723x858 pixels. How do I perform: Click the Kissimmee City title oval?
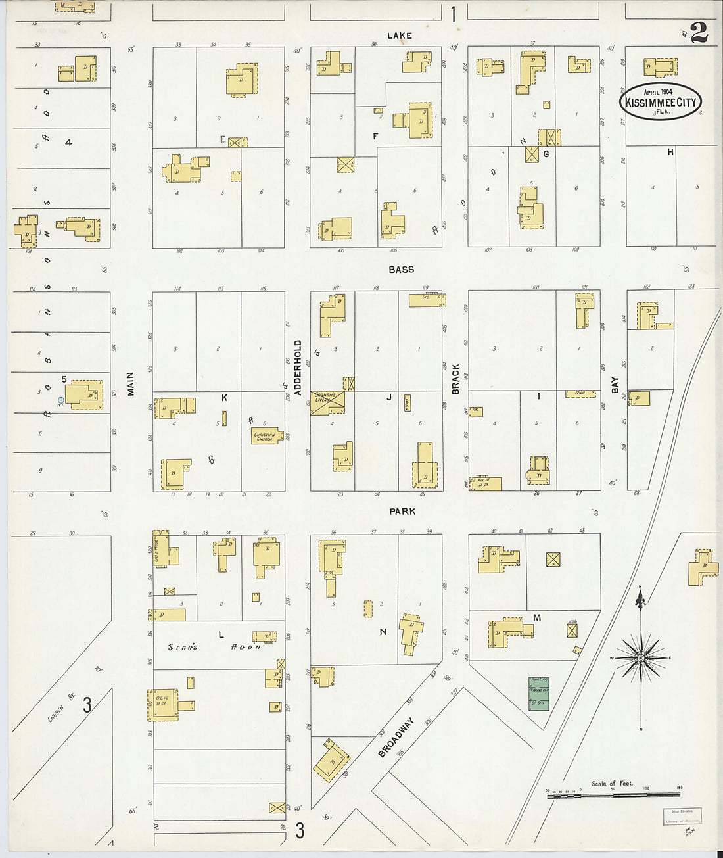661,102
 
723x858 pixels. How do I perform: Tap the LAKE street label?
399,36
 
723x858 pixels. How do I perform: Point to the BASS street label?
401,270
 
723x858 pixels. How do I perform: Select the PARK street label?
402,511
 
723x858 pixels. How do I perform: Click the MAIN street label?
130,384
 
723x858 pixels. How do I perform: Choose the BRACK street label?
455,379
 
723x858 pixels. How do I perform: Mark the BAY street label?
615,385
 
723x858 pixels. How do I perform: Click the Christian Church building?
267,436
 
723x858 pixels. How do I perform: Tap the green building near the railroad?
538,694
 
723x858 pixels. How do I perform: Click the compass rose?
640,657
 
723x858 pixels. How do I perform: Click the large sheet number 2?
699,32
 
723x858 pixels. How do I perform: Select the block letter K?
224,398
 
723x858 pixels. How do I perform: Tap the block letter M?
537,617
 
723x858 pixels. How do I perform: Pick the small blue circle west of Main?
60,400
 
